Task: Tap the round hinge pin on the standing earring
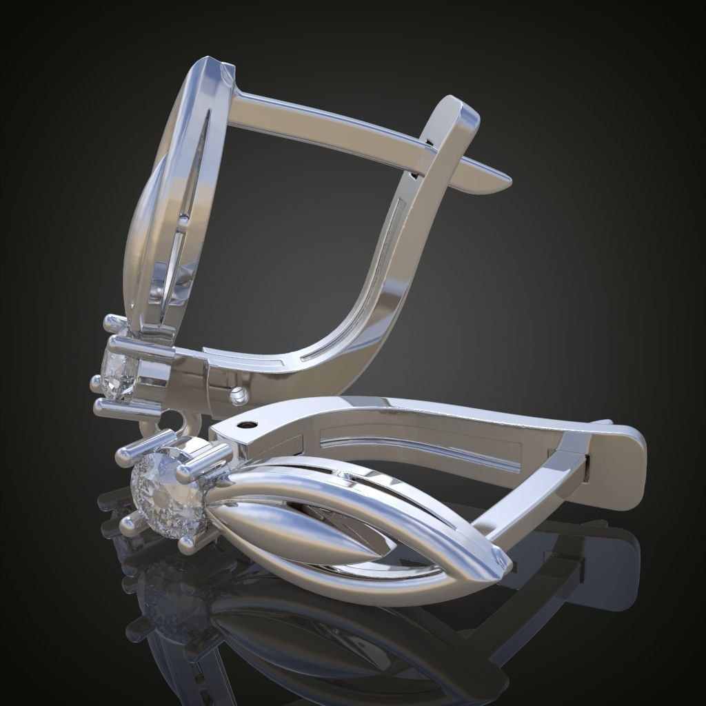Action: coord(238,395)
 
